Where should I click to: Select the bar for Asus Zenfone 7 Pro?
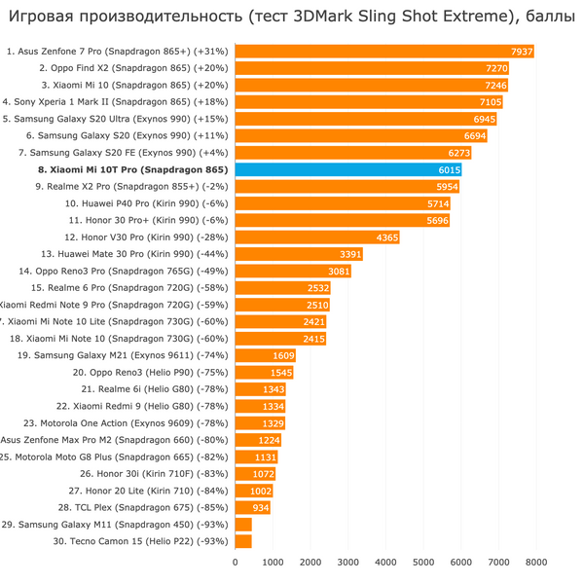384,52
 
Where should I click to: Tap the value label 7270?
496,69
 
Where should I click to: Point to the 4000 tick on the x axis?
385,562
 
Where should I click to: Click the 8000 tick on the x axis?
536,562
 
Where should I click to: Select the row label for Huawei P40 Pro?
146,203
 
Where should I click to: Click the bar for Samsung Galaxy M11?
243,525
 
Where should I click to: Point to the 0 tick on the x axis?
235,562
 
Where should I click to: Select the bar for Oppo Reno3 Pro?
293,272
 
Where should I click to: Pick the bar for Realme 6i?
260,389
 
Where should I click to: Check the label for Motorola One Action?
127,423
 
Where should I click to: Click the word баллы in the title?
541,17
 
